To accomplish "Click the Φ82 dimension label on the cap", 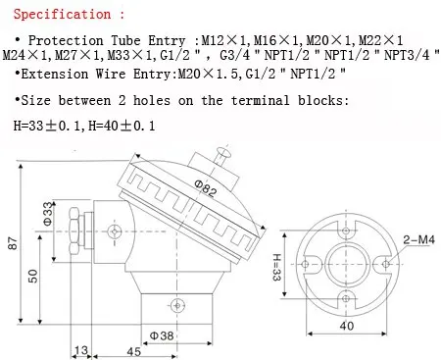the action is (206, 188).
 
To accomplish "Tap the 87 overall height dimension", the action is (13, 243).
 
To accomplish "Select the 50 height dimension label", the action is (33, 276).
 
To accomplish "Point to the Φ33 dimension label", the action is (48, 214).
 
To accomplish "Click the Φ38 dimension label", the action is (162, 335).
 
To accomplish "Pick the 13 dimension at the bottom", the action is (81, 350).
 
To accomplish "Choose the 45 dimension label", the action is (134, 351).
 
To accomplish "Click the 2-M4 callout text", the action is (418, 239).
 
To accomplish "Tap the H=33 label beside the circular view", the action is (276, 267).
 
